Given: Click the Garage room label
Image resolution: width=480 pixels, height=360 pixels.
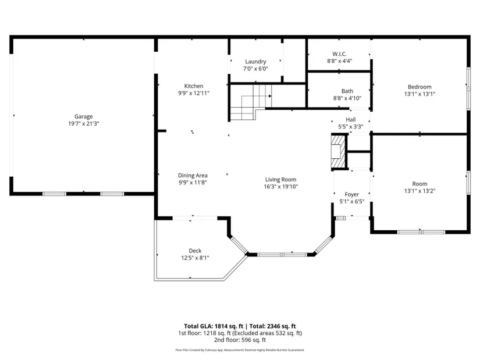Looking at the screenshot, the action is tap(83, 116).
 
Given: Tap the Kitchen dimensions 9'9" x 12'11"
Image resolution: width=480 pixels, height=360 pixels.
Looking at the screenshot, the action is tap(194, 93).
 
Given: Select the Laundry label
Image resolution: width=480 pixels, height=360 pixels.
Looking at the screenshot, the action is tap(255, 62).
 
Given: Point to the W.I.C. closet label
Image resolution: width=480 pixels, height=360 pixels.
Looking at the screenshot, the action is tap(339, 54).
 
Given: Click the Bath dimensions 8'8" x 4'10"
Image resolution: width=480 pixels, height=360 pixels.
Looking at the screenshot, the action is tap(347, 98).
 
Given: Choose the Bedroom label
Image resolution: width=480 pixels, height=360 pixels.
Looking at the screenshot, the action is tap(419, 87).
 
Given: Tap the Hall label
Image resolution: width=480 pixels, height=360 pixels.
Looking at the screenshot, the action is tap(351, 119).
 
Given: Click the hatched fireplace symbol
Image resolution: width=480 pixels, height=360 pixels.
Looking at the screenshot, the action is tap(338, 152).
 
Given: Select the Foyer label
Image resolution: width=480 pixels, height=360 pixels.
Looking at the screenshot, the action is tap(352, 194).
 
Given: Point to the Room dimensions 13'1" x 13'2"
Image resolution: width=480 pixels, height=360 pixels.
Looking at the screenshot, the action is tap(419, 191).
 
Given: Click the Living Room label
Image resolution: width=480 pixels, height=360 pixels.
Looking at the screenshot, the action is tap(280, 180).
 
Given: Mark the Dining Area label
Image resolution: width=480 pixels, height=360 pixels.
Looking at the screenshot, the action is tap(193, 176).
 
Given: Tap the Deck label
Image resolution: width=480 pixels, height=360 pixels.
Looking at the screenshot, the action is tap(195, 251).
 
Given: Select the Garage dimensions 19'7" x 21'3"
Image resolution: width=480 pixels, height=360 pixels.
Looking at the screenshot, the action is tap(84, 124).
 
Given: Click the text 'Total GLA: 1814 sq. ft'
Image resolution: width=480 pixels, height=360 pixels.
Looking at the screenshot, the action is tap(214, 326).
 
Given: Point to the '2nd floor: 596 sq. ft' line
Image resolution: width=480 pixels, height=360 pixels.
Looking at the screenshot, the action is tap(240, 340).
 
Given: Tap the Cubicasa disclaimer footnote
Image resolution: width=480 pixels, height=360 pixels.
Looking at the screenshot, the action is tap(240, 350).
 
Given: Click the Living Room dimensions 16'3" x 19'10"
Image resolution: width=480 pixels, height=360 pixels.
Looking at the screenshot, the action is tap(281, 187).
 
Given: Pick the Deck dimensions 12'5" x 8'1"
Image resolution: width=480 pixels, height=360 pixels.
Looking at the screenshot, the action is tap(195, 258).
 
